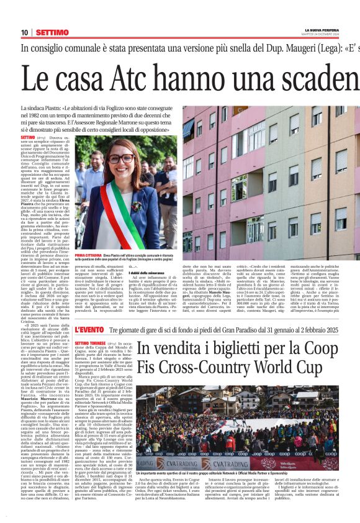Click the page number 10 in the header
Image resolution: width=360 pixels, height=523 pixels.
[x=24, y=32]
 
